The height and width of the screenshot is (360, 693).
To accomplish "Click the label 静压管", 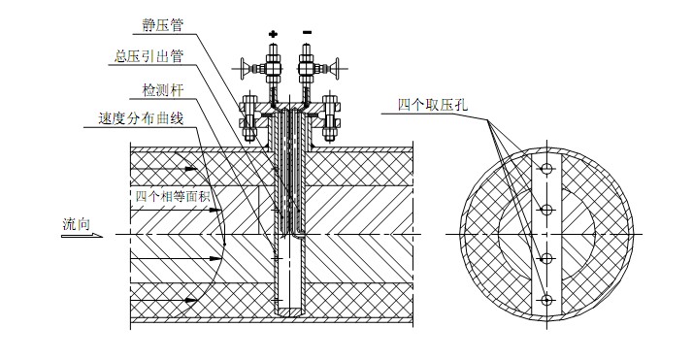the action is (162, 24).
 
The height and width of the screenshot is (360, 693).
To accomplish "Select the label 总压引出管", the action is (148, 56).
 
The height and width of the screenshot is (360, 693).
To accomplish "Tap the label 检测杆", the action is (162, 90).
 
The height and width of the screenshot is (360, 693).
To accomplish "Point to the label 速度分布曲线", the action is (141, 118).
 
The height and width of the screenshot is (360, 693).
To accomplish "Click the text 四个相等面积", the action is (173, 196).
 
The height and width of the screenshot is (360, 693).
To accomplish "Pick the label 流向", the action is (76, 224).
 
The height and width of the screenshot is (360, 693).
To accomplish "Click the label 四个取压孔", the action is (433, 105).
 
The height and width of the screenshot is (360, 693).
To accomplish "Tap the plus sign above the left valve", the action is (273, 34).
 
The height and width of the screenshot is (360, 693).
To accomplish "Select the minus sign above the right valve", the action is (307, 32).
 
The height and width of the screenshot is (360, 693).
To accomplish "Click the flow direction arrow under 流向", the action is (82, 236).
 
